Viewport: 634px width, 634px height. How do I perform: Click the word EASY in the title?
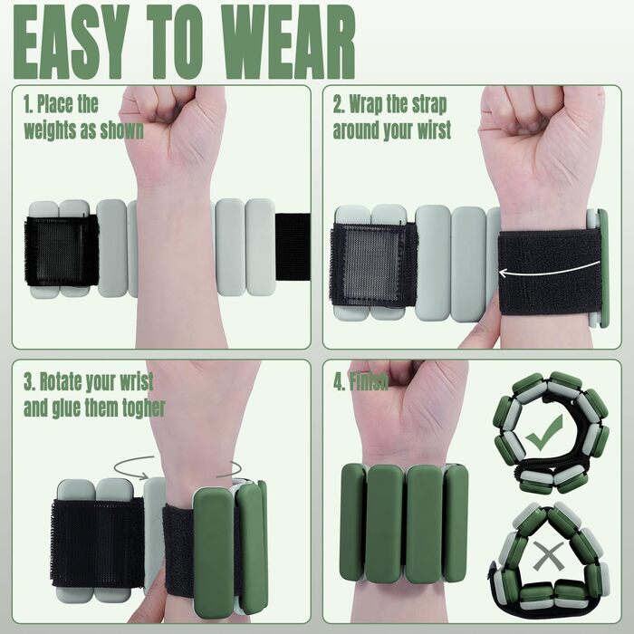click(72, 42)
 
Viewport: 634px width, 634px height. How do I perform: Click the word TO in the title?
click(175, 42)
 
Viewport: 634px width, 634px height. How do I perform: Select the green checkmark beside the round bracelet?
click(543, 433)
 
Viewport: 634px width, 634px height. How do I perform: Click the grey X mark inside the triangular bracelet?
click(548, 556)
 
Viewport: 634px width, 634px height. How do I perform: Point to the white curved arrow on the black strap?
click(549, 270)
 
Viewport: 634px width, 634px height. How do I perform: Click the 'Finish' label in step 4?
click(369, 381)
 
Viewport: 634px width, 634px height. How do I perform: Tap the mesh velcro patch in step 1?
click(62, 251)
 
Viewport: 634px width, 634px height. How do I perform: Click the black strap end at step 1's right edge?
click(293, 246)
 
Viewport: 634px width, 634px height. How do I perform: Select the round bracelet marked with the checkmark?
click(550, 433)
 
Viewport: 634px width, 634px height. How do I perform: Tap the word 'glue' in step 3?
click(66, 408)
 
